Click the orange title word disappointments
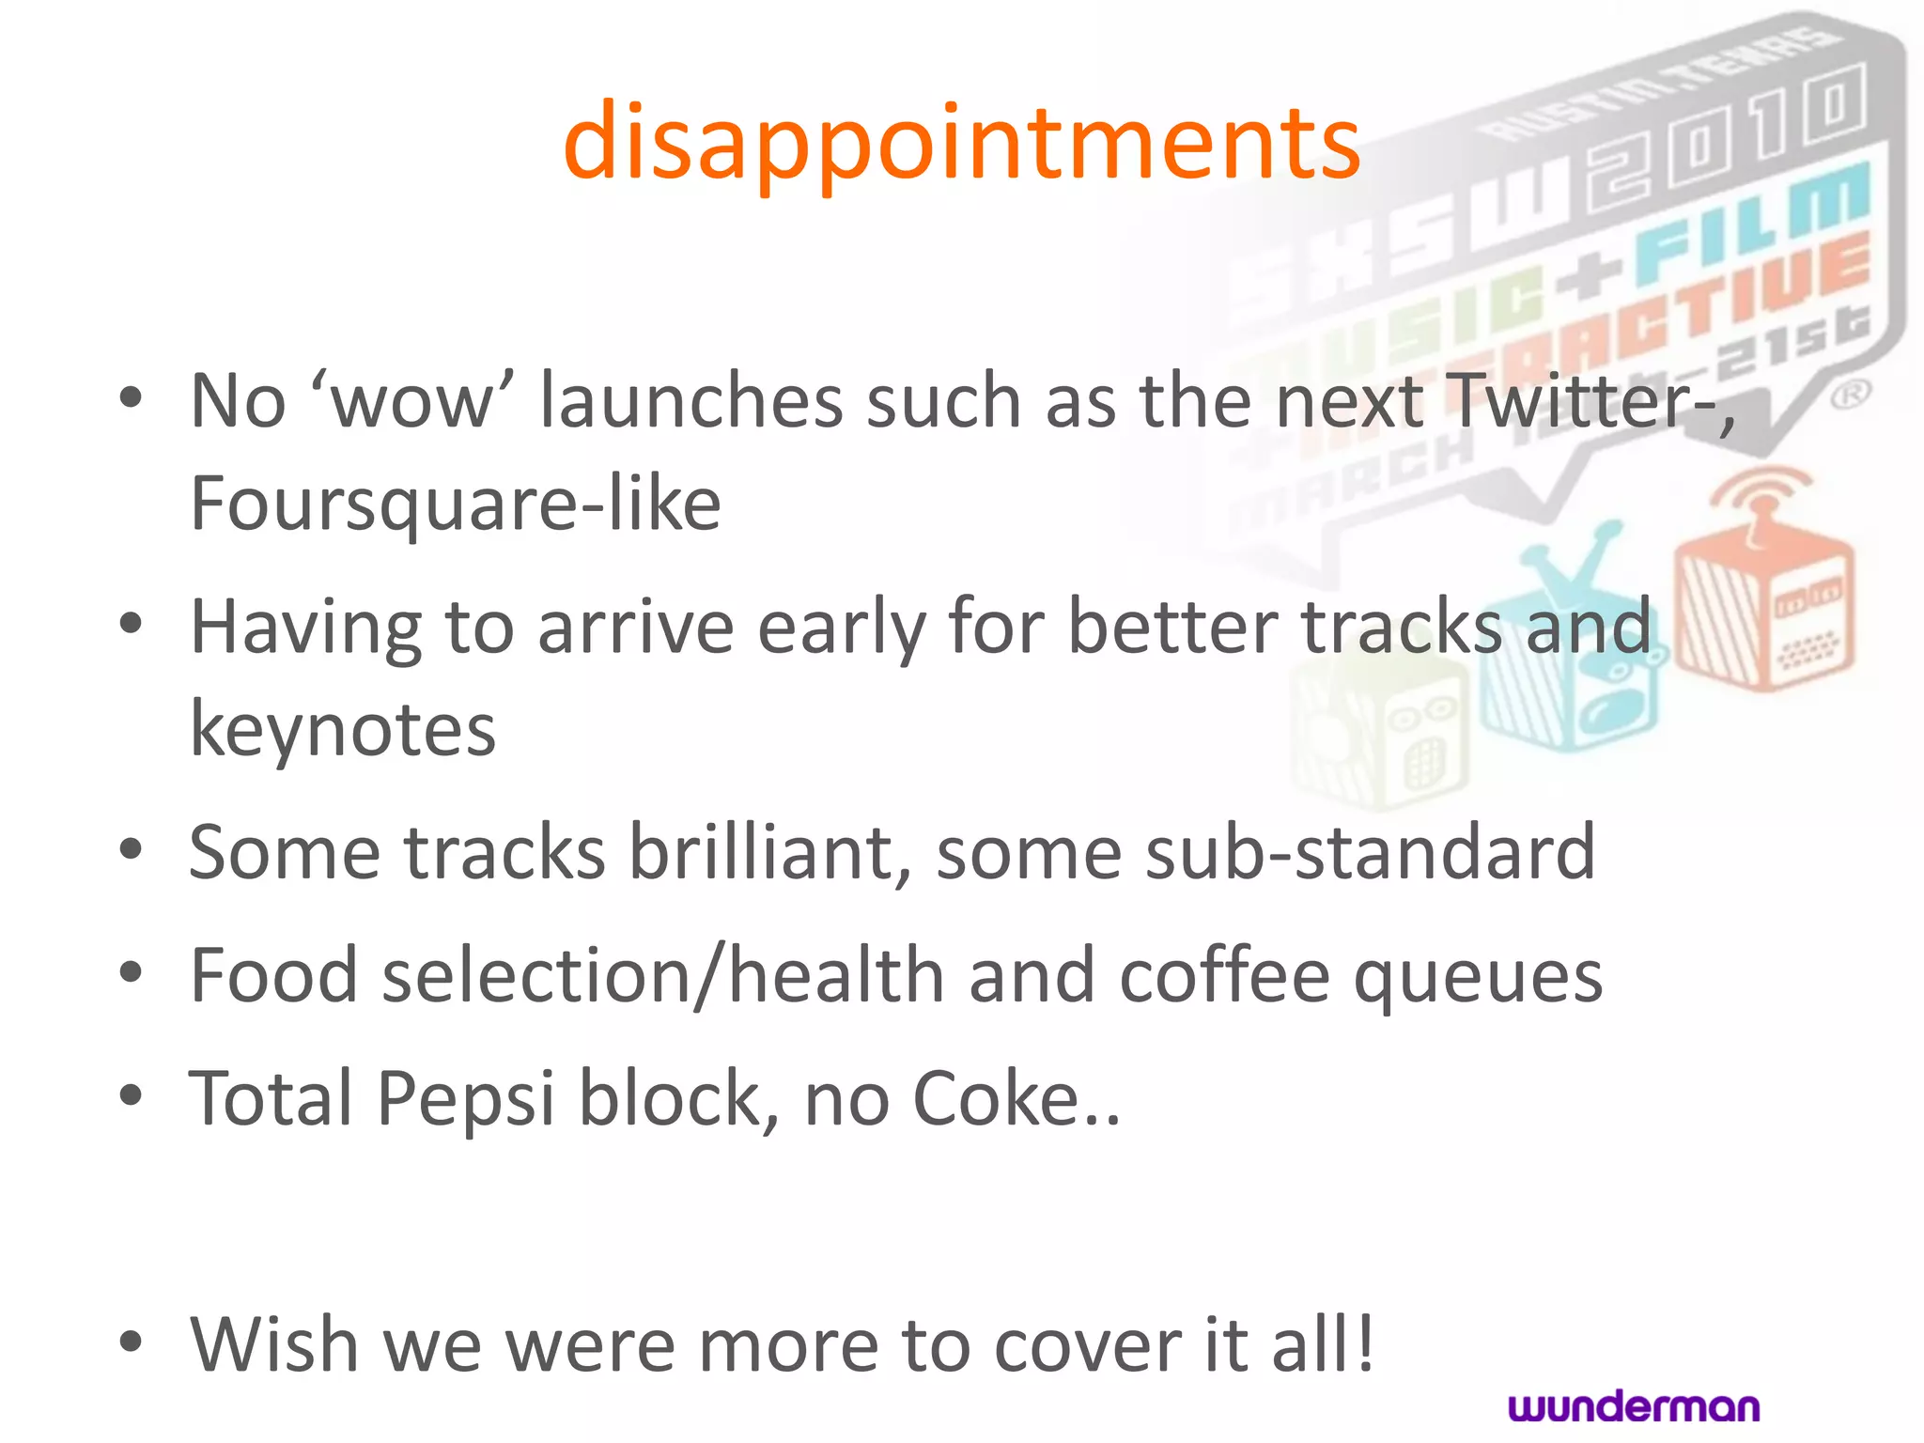point(961,143)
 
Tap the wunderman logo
point(1634,1406)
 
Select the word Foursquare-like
point(456,504)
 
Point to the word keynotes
point(343,729)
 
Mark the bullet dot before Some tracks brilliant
point(131,849)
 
